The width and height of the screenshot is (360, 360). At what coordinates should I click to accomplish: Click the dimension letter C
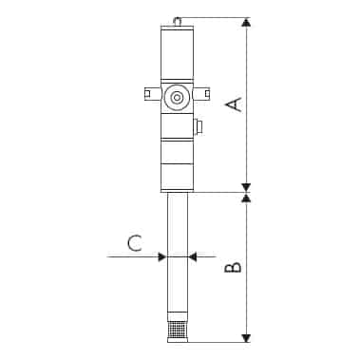pos(135,241)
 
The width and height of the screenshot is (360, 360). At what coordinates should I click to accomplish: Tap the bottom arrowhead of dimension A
pos(246,186)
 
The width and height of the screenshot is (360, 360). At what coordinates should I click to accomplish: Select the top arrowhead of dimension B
pos(246,199)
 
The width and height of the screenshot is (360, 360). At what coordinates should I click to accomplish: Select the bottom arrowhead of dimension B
pos(246,336)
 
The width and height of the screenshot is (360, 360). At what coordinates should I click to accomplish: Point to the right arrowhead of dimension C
pos(192,256)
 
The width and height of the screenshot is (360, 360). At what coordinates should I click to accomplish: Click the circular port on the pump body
pos(176,97)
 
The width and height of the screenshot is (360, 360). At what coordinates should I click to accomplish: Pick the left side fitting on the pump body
pos(151,93)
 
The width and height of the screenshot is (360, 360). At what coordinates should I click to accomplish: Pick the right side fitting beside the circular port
pos(202,93)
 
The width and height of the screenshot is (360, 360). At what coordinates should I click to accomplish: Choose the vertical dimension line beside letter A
pos(246,142)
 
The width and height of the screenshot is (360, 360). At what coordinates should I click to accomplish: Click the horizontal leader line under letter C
pos(133,256)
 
